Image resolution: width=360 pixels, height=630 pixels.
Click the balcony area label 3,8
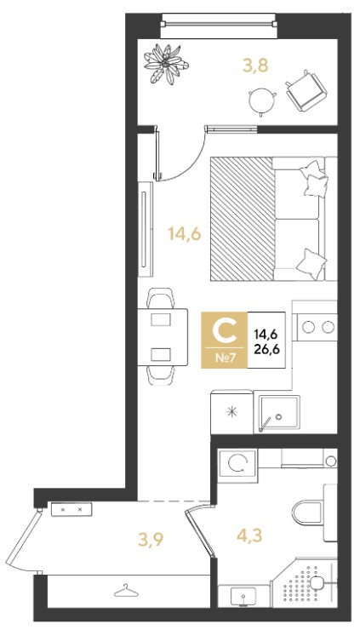point(255,65)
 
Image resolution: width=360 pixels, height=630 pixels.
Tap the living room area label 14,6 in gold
point(185,233)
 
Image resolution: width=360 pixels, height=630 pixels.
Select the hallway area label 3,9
point(151,540)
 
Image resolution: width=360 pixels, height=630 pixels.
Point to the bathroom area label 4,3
point(250,535)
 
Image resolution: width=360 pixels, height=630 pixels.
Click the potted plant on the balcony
point(166,64)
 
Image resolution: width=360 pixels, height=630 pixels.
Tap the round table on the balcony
point(262,101)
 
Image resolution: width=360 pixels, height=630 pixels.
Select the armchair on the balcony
point(306,90)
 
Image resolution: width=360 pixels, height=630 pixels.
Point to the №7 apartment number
point(225,358)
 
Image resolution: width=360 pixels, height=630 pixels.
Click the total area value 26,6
point(266,348)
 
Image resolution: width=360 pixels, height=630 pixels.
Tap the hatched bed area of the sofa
point(243,219)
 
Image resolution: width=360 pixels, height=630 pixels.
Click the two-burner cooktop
point(317,327)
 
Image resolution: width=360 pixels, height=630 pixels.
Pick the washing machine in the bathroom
point(237,463)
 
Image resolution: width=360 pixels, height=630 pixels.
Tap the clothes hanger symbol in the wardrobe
point(126,591)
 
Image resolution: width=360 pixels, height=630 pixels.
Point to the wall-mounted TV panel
point(146,229)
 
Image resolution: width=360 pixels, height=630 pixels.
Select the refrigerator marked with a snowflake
point(231,411)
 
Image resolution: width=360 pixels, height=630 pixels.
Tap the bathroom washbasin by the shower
point(243,595)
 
